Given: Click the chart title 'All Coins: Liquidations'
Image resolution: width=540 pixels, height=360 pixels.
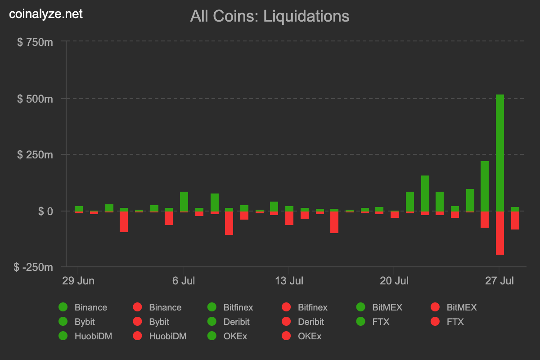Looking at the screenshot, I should pos(270,16).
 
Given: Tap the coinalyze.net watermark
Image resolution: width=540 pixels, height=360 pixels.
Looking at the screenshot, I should pos(46,14).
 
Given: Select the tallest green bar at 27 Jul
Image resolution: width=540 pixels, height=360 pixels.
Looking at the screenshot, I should pos(499,153).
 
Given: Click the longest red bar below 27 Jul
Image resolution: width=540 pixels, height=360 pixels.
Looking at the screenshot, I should pos(499,233).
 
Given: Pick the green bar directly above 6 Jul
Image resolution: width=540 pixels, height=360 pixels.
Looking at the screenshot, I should pos(184,201).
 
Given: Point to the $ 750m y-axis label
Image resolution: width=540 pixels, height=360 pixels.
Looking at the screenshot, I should pos(35,42).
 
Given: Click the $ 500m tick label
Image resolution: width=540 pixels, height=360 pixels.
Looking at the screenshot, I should pos(35,99).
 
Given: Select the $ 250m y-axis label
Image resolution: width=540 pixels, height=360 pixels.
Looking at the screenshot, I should pos(35,155).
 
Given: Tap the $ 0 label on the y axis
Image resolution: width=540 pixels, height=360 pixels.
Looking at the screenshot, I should pos(44,211).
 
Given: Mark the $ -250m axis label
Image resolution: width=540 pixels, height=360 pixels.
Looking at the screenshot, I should pos(34,267).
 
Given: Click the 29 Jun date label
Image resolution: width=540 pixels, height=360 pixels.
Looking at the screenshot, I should pos(78,281).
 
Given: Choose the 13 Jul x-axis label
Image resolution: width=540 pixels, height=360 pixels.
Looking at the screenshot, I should pos(288,281).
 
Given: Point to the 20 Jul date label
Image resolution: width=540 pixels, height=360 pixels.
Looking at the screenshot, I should pos(394,281).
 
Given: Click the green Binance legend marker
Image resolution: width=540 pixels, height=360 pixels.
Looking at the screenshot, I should pos(63,307).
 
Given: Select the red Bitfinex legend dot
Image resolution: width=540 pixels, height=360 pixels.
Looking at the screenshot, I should pos(286,307).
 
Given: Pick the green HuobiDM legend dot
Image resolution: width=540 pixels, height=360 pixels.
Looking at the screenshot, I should pos(63,336).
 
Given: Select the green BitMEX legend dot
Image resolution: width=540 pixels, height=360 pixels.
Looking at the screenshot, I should pos(360,307).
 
